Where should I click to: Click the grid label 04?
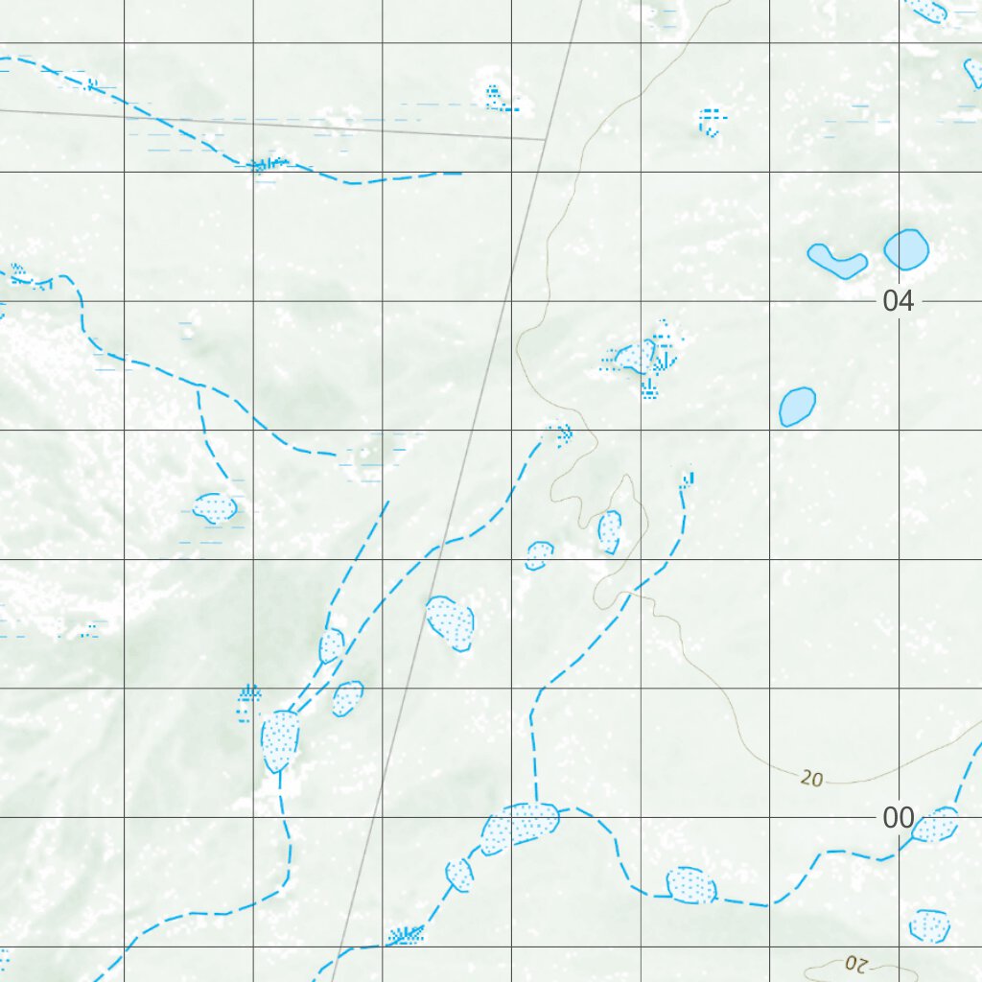[898, 302]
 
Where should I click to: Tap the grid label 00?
[898, 818]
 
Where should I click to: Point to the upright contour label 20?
[811, 780]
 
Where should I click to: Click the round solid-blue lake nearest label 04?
[906, 249]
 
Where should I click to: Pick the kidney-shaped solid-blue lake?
[837, 260]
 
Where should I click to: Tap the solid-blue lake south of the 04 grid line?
[796, 407]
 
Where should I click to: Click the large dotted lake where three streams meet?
[521, 825]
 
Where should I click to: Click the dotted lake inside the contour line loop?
[610, 531]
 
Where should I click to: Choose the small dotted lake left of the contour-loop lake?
[540, 554]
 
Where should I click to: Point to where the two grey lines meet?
[545, 139]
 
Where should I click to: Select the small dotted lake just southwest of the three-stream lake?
[460, 874]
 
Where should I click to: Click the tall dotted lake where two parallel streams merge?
[280, 740]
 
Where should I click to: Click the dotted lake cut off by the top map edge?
[928, 11]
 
